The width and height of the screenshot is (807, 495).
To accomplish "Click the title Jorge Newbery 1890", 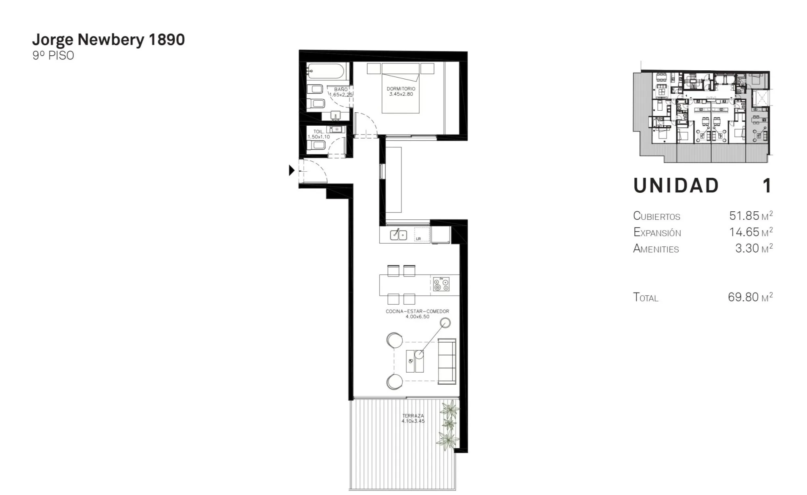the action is coord(109,40).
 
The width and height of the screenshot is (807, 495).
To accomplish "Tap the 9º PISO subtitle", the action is coord(53,55).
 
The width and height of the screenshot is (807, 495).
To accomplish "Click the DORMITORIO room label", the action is coord(401,89).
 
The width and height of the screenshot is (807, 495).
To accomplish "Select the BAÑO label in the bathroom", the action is coord(341,89).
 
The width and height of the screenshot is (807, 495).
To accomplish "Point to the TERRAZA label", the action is coord(413,416).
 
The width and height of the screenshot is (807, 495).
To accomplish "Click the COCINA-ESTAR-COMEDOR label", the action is coord(417,311).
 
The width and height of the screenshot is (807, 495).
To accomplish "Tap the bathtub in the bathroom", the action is coord(325,72).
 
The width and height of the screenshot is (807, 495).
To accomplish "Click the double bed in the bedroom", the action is coord(401,88).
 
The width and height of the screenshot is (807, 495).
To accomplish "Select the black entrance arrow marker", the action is coord(292,171).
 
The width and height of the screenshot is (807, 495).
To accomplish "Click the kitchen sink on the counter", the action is coord(398,234).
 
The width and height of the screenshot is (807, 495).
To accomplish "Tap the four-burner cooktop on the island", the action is coord(441,284).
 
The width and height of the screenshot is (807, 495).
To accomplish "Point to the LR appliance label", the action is coord(418,239).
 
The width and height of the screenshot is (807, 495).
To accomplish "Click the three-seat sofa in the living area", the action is coord(447,361).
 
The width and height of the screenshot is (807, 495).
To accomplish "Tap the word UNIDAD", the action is coord(676,186).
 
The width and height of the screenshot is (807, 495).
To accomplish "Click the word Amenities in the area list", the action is coord(656,249).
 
